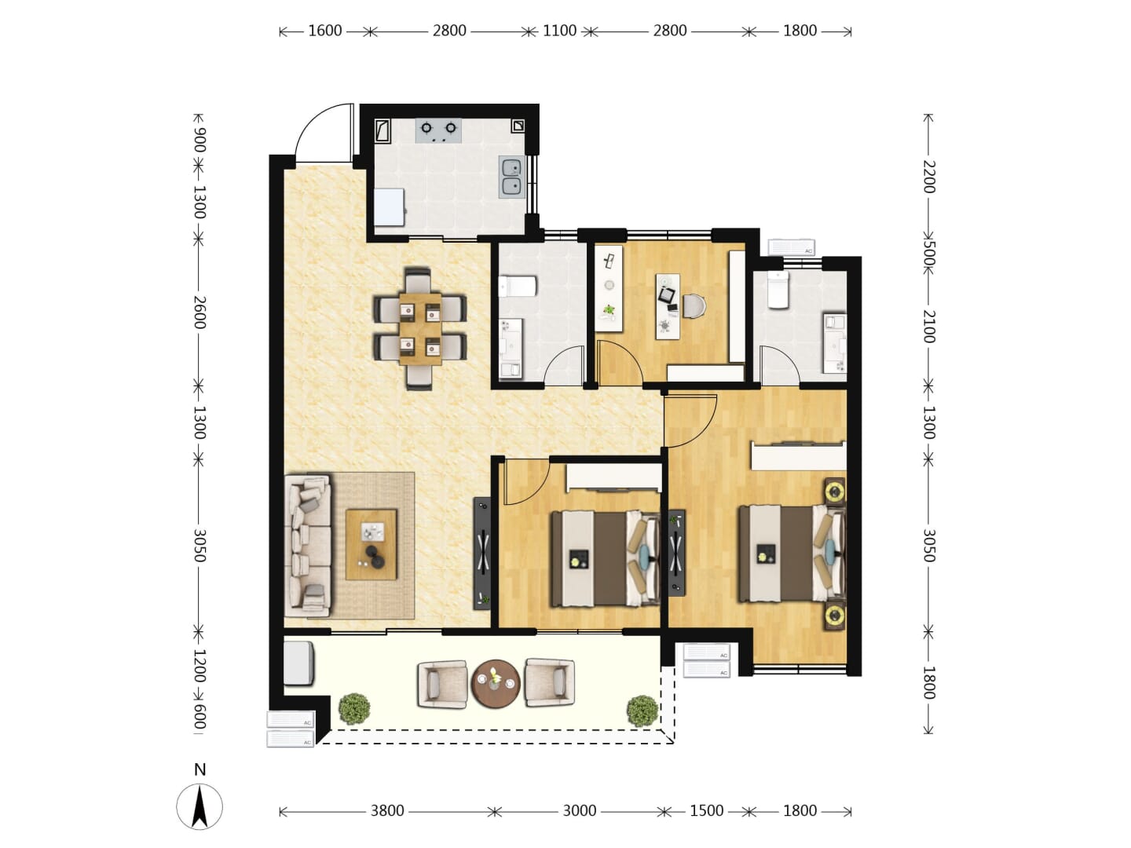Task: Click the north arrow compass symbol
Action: pyautogui.click(x=199, y=806)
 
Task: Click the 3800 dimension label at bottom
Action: pyautogui.click(x=387, y=811)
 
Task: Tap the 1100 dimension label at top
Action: pyautogui.click(x=559, y=31)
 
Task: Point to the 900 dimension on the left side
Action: pyautogui.click(x=199, y=140)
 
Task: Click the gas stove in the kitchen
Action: pyautogui.click(x=438, y=130)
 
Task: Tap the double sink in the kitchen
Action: pyautogui.click(x=511, y=177)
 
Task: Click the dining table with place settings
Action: pyautogui.click(x=420, y=328)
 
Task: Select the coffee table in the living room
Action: pyautogui.click(x=371, y=545)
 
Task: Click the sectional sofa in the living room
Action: pyautogui.click(x=308, y=546)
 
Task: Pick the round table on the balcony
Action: pyautogui.click(x=496, y=685)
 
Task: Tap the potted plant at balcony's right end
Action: pyautogui.click(x=642, y=711)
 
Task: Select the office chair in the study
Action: pyautogui.click(x=695, y=306)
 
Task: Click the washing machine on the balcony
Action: pyautogui.click(x=299, y=663)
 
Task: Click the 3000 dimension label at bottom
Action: pyautogui.click(x=579, y=811)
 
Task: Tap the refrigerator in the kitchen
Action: pyautogui.click(x=389, y=207)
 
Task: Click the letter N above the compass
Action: pyautogui.click(x=200, y=769)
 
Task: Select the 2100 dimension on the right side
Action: pyautogui.click(x=928, y=327)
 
